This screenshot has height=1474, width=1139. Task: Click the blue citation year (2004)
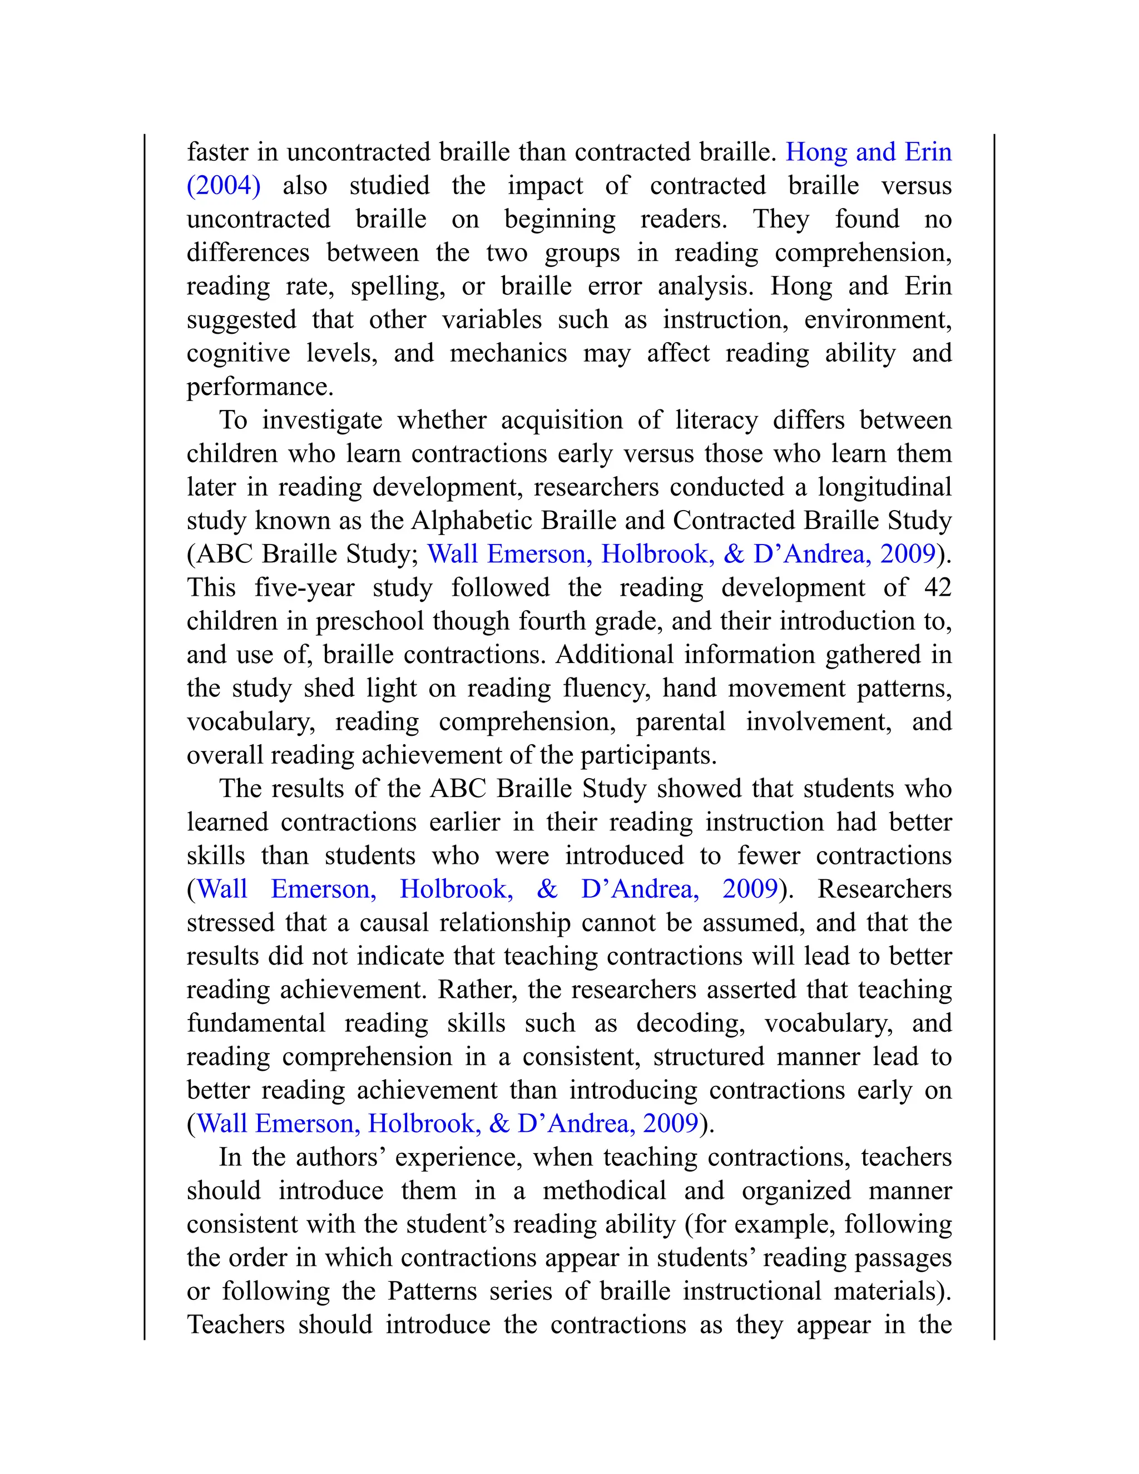tap(224, 186)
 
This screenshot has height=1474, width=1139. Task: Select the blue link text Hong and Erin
tap(868, 152)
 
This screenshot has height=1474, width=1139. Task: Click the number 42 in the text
tap(937, 587)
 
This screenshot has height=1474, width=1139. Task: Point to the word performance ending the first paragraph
tap(259, 387)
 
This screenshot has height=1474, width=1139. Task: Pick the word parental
tap(680, 721)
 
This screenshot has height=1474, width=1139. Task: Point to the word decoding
tap(690, 1023)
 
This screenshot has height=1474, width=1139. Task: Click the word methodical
tap(604, 1190)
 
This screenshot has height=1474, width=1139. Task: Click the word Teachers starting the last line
tap(235, 1324)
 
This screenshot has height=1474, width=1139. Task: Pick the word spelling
tap(398, 286)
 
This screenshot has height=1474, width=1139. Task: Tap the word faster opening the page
tap(216, 152)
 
